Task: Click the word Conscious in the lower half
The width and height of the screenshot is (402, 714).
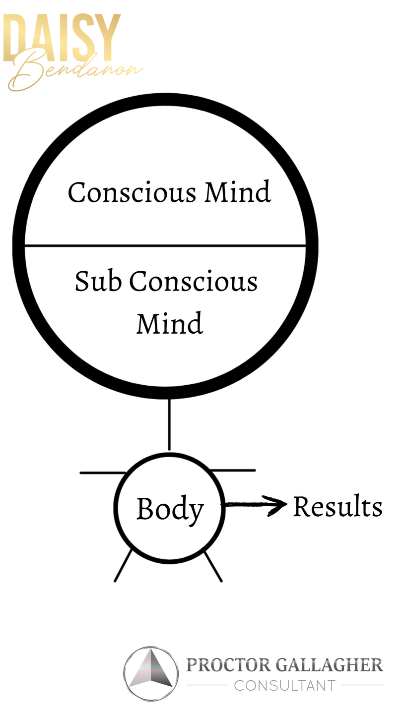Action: coord(194,282)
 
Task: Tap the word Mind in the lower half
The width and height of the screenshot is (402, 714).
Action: coord(170,323)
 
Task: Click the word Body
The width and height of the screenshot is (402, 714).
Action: coord(170,509)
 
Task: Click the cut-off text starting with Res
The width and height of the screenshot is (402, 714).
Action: coord(316,507)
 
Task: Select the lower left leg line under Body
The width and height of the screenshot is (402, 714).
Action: coord(123,565)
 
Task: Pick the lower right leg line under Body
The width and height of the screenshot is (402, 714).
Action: coord(213,566)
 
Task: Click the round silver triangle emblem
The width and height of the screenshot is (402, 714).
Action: coord(151,673)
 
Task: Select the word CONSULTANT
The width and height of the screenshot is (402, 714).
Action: coord(284,686)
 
